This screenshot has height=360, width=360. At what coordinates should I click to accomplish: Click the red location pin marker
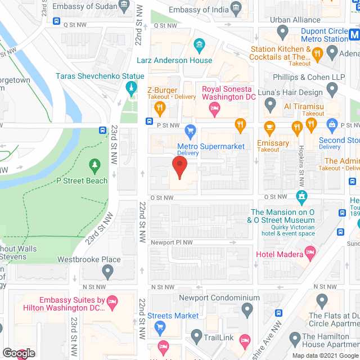pyautogui.click(x=179, y=168)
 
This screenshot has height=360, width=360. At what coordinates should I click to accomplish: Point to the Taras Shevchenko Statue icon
pyautogui.click(x=131, y=89)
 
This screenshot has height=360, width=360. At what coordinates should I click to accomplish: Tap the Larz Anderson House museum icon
pyautogui.click(x=199, y=45)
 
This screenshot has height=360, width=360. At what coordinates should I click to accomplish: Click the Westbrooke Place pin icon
pyautogui.click(x=109, y=272)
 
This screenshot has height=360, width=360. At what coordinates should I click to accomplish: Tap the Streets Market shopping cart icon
pyautogui.click(x=160, y=327)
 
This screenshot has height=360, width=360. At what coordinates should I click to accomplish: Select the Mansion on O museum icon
pyautogui.click(x=302, y=196)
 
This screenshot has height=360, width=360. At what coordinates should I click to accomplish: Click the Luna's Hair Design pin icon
pyautogui.click(x=271, y=104)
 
